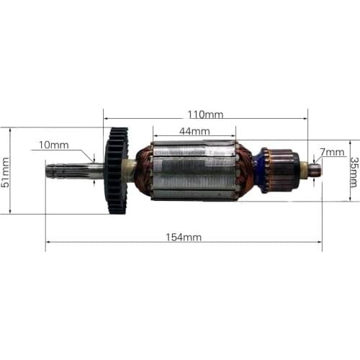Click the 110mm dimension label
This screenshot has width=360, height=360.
205,114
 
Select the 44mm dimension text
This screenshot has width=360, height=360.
194,131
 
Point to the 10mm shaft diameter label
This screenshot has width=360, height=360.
55,145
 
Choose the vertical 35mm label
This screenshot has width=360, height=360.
354,173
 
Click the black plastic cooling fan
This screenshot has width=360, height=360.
116,171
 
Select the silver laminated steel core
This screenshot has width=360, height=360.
194,171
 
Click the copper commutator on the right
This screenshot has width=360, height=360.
281,170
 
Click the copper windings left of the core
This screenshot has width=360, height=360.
143,171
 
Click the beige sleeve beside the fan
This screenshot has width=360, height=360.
130,171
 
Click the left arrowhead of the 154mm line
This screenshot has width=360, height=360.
48,242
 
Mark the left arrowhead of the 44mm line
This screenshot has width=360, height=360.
154,135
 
